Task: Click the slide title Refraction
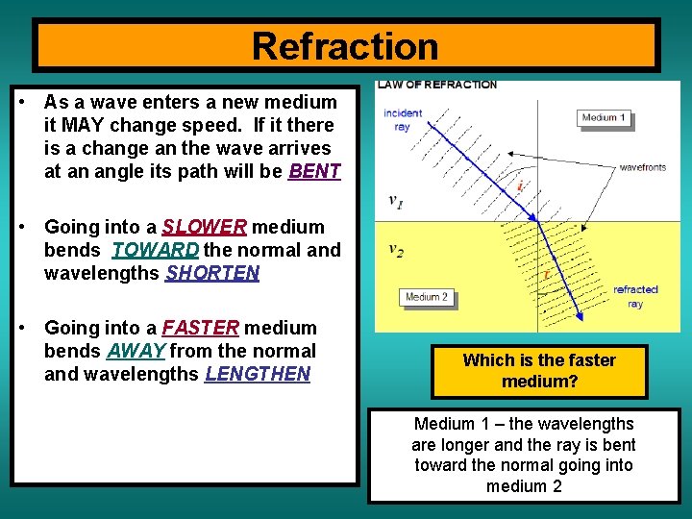pyautogui.click(x=345, y=46)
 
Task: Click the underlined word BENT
pyautogui.click(x=314, y=172)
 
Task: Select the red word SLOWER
pyautogui.click(x=205, y=228)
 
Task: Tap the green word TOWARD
pyautogui.click(x=157, y=251)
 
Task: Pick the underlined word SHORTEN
pyautogui.click(x=212, y=274)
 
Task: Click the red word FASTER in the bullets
pyautogui.click(x=200, y=329)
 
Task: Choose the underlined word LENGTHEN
pyautogui.click(x=257, y=375)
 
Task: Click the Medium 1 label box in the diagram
pyautogui.click(x=604, y=118)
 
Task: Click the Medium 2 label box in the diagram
pyautogui.click(x=427, y=297)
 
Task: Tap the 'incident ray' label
pyautogui.click(x=402, y=119)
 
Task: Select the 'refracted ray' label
pyautogui.click(x=635, y=296)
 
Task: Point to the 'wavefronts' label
pyautogui.click(x=642, y=167)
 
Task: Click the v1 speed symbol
pyautogui.click(x=395, y=201)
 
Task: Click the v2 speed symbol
pyautogui.click(x=395, y=250)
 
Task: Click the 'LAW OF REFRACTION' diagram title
pyautogui.click(x=437, y=85)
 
